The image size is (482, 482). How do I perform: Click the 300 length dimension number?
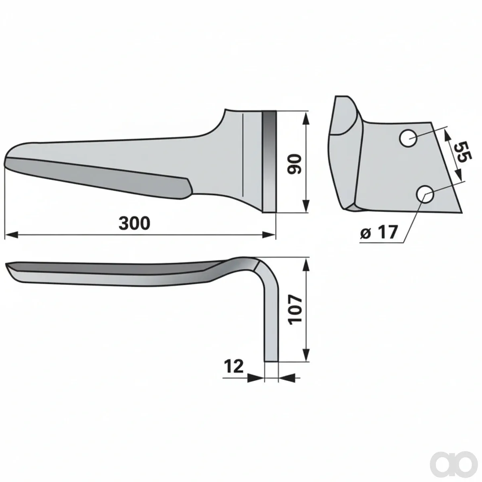point(134,223)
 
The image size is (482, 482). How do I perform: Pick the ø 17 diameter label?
point(378,232)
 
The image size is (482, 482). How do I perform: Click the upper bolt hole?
point(408,138)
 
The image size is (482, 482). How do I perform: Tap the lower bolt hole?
point(425,194)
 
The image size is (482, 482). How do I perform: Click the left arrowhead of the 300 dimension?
point(11,235)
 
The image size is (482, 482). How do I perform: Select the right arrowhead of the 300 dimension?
point(269,235)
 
